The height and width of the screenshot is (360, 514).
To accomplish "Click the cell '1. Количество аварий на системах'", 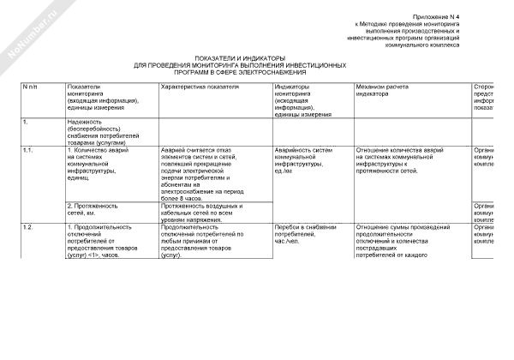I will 98,164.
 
